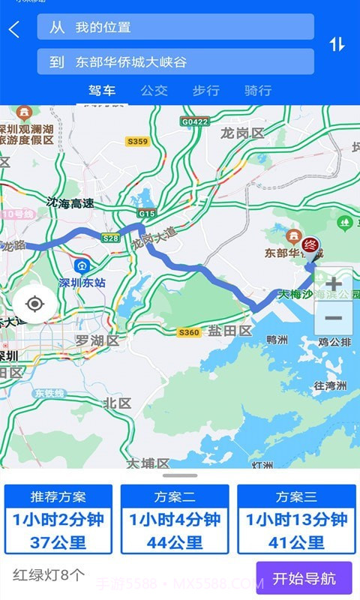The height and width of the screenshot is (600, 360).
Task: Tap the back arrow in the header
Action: click(14, 29)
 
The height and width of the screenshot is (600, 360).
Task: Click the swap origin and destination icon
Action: click(337, 44)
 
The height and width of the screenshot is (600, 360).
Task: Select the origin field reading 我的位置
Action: click(175, 27)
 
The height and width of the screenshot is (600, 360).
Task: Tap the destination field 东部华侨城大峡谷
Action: click(175, 62)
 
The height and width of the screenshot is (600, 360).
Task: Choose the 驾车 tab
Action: click(102, 91)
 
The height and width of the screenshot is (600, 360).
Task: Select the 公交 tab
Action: click(154, 91)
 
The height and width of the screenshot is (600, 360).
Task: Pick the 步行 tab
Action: click(205, 91)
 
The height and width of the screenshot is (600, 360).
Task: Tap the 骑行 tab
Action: click(257, 91)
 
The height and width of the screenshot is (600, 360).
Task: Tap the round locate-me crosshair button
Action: click(34, 304)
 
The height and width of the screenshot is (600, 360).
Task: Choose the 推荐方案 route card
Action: click(58, 519)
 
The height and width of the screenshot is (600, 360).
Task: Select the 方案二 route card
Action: click(175, 519)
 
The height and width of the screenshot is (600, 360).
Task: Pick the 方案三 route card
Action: click(296, 519)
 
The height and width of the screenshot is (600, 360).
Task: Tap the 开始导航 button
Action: click(304, 578)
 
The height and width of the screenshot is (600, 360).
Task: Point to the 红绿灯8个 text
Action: click(49, 576)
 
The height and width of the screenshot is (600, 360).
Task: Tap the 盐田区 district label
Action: click(229, 331)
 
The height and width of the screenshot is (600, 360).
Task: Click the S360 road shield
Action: click(189, 332)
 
